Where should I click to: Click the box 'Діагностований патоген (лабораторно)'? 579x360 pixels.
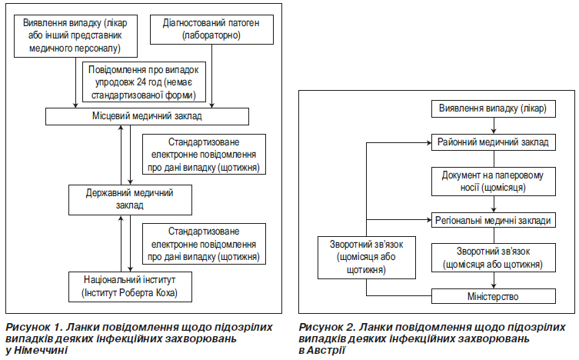click(x=211, y=29)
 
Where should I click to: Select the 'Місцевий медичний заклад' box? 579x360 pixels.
click(x=147, y=116)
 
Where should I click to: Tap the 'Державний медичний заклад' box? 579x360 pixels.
click(x=130, y=200)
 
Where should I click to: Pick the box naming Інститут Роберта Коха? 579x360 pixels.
click(x=130, y=287)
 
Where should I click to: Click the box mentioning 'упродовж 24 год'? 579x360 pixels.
click(x=144, y=82)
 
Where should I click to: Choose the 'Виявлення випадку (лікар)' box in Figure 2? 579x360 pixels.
click(x=494, y=108)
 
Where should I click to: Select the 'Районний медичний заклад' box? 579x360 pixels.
click(x=494, y=142)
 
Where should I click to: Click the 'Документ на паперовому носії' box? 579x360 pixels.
click(x=494, y=182)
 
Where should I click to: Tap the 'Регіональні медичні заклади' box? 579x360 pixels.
click(x=494, y=221)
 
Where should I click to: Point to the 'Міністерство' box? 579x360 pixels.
click(x=494, y=296)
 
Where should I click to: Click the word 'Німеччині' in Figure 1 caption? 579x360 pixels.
click(x=41, y=350)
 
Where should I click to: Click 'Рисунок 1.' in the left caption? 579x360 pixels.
click(x=33, y=327)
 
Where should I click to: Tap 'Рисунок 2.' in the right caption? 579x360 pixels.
click(x=327, y=327)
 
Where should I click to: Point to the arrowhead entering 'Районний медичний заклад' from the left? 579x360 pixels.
click(x=429, y=142)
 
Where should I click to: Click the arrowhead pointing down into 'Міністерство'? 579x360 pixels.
click(x=494, y=286)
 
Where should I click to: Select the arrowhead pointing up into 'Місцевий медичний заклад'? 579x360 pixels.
click(x=121, y=128)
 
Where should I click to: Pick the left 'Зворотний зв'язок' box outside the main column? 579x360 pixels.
click(x=367, y=258)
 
